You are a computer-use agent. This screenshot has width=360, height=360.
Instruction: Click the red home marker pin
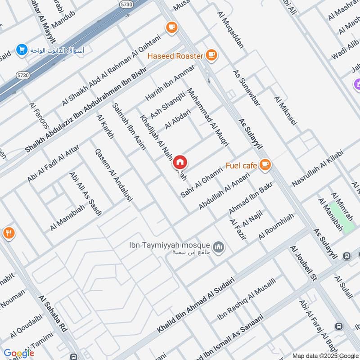[180, 162]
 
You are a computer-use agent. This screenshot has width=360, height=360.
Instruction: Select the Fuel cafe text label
[241, 165]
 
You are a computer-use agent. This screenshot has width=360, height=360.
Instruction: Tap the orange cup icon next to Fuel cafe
[265, 164]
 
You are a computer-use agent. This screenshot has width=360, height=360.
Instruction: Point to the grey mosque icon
[219, 248]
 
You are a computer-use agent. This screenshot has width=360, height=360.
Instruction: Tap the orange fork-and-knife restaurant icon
[8, 233]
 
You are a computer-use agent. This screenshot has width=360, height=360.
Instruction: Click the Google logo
[19, 353]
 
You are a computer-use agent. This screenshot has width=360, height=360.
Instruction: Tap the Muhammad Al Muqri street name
[208, 117]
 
